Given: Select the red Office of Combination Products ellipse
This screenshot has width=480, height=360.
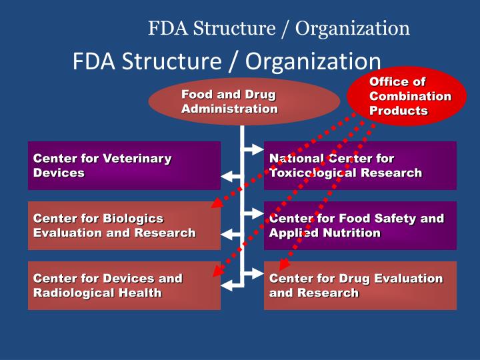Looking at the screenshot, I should pyautogui.click(x=407, y=97).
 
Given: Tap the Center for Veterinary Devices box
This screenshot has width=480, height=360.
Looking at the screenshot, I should pyautogui.click(x=124, y=165).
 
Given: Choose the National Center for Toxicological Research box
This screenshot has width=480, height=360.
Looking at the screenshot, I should pyautogui.click(x=360, y=165).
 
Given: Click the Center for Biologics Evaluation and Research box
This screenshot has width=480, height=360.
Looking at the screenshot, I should pyautogui.click(x=124, y=225).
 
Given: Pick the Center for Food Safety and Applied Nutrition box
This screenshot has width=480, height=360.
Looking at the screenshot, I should pyautogui.click(x=360, y=225).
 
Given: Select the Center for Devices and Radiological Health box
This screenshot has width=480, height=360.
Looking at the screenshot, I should pyautogui.click(x=124, y=285).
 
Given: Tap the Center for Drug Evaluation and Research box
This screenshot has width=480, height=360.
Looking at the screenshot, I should pyautogui.click(x=360, y=285).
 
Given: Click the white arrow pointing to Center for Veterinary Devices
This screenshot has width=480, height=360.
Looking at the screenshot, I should pyautogui.click(x=231, y=177).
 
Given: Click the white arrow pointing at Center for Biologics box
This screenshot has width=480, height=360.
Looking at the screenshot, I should pyautogui.click(x=231, y=235).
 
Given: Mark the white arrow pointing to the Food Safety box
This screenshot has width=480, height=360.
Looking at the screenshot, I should pyautogui.click(x=255, y=213).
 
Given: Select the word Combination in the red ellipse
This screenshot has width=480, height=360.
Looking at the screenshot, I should pyautogui.click(x=410, y=96).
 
